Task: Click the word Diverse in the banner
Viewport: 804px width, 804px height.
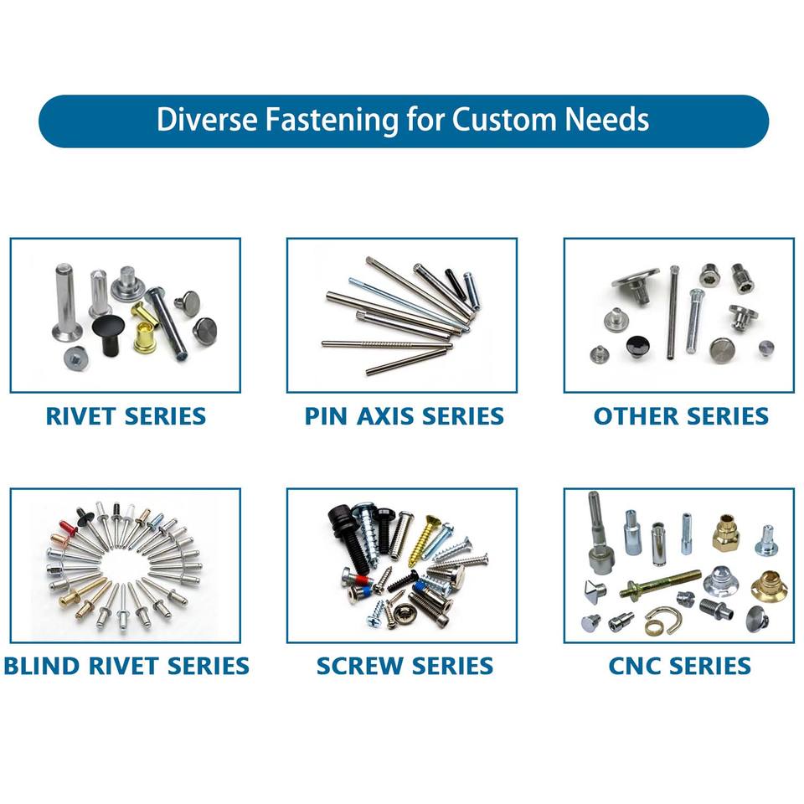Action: pyautogui.click(x=207, y=120)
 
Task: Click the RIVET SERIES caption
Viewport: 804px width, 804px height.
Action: pyautogui.click(x=126, y=416)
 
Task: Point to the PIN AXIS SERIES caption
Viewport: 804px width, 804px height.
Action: pyautogui.click(x=404, y=416)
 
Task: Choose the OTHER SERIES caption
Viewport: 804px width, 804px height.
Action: pyautogui.click(x=681, y=416)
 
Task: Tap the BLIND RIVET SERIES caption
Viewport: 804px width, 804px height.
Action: pyautogui.click(x=126, y=666)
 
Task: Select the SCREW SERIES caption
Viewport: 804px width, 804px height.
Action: pyautogui.click(x=405, y=666)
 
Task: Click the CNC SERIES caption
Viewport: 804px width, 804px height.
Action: pyautogui.click(x=679, y=666)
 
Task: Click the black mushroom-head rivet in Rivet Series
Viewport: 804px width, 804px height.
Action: pyautogui.click(x=109, y=333)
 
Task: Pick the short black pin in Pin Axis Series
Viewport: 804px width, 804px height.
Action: pyautogui.click(x=456, y=284)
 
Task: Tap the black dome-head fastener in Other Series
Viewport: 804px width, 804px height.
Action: pyautogui.click(x=636, y=347)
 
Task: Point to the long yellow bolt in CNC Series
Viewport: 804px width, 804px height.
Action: pyautogui.click(x=661, y=584)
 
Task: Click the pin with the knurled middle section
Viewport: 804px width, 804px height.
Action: pyautogui.click(x=387, y=344)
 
